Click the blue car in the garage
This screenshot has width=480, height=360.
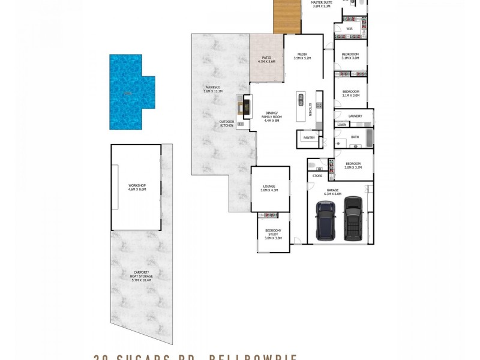[x=326, y=220]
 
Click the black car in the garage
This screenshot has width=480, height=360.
[x=353, y=218]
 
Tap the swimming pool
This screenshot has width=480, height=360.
[x=128, y=92]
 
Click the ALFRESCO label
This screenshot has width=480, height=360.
[x=214, y=90]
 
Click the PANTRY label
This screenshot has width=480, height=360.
[x=309, y=138]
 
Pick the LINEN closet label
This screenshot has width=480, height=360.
[x=341, y=124]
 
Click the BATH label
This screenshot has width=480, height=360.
[x=355, y=137]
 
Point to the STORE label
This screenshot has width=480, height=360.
[x=317, y=176]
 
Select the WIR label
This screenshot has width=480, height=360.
[x=349, y=28]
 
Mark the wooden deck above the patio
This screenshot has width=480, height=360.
[x=286, y=16]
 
